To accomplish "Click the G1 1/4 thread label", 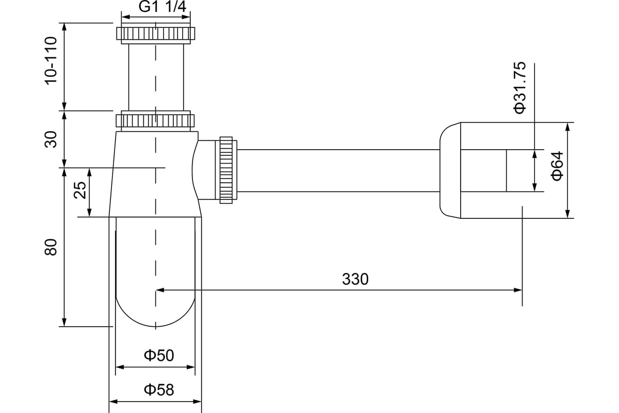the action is pyautogui.click(x=162, y=7).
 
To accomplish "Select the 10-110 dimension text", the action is pyautogui.click(x=51, y=61).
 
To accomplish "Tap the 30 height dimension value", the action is pyautogui.click(x=51, y=139).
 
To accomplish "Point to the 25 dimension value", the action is pyautogui.click(x=80, y=190).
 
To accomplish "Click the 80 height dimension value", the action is pyautogui.click(x=51, y=247).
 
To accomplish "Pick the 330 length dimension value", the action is pyautogui.click(x=355, y=279).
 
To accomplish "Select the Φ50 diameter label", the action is pyautogui.click(x=159, y=356).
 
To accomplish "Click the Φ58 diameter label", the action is pyautogui.click(x=159, y=390).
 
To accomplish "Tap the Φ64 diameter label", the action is pyautogui.click(x=557, y=166).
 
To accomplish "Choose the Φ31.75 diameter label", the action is pyautogui.click(x=519, y=88).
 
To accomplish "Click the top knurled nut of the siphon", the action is pyautogui.click(x=156, y=34).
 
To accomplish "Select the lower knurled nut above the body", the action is pyautogui.click(x=155, y=121).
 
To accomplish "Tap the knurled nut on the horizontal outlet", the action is pyautogui.click(x=226, y=170).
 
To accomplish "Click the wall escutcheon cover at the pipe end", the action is pyautogui.click(x=450, y=170).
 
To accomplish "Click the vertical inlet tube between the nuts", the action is pyautogui.click(x=156, y=77).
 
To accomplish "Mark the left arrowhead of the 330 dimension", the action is pyautogui.click(x=160, y=290).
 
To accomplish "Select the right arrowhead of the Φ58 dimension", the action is pyautogui.click(x=197, y=402).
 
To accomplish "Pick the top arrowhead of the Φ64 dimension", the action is pyautogui.click(x=567, y=126).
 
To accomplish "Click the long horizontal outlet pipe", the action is pyautogui.click(x=338, y=170).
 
